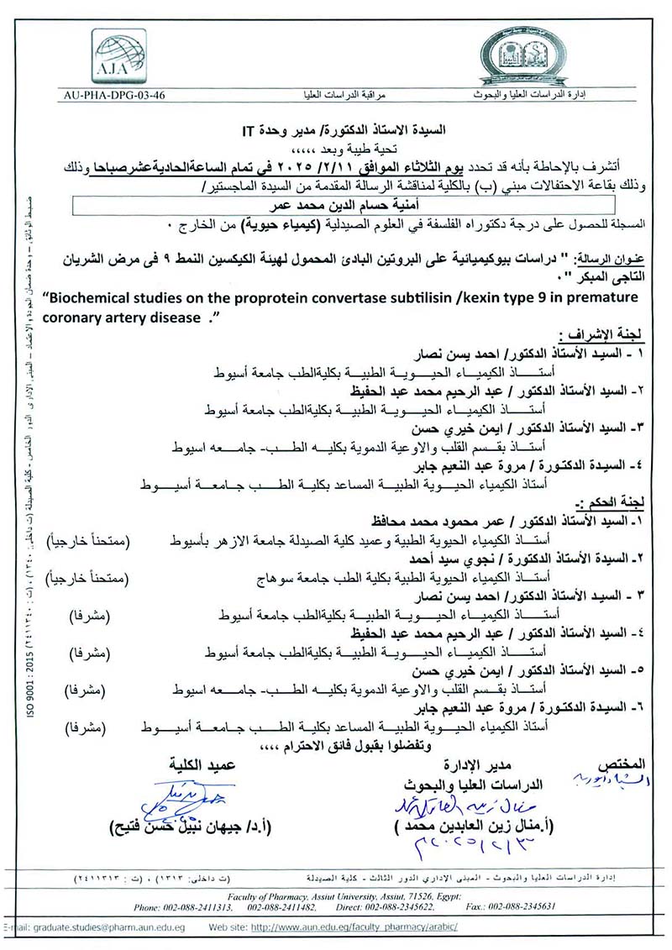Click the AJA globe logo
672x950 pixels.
(x=118, y=56)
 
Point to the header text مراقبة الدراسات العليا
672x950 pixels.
(x=333, y=95)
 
